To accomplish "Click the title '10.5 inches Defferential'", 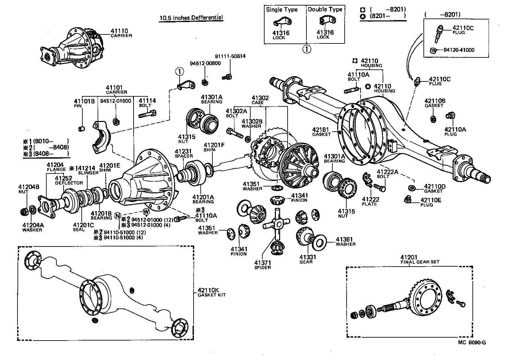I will tap(191, 18).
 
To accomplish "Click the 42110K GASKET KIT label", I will tap(211, 292).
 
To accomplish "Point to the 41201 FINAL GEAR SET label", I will tap(420, 259).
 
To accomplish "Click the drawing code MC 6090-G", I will tap(472, 342).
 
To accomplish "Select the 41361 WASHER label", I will tap(345, 242).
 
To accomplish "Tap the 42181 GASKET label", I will tap(321, 131).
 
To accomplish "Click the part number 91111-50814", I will tap(230, 56).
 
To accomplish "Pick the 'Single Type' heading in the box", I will tap(281, 9).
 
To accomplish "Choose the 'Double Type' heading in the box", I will tap(325, 9).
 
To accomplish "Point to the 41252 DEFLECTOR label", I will tap(69, 180).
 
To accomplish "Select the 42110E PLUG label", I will tap(431, 202).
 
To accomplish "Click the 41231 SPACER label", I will tap(184, 153).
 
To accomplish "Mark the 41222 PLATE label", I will tap(370, 201).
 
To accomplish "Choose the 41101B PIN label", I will tap(84, 103).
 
